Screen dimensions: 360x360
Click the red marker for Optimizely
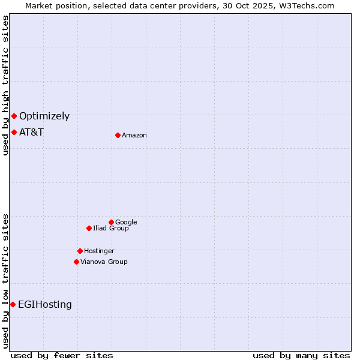click(14, 116)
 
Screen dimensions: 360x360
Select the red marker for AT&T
click(14, 132)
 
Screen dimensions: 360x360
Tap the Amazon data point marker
click(118, 135)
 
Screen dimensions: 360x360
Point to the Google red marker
click(111, 222)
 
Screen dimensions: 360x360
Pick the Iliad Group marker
click(89, 228)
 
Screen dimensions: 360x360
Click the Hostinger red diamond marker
click(80, 251)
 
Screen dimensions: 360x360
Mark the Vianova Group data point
click(76, 262)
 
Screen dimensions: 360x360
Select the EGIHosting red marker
click(13, 304)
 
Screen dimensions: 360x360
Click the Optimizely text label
click(44, 116)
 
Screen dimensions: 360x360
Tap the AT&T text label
click(31, 132)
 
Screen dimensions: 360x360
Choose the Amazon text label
click(134, 136)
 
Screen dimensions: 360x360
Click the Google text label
click(126, 222)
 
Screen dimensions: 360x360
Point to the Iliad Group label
click(111, 228)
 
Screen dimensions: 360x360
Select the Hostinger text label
click(99, 251)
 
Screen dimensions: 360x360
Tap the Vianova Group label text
click(104, 262)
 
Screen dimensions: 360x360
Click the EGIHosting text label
click(45, 305)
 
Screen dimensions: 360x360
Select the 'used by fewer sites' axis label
click(62, 355)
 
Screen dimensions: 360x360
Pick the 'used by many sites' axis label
click(301, 355)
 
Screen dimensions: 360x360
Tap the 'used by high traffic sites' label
click(6, 85)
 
